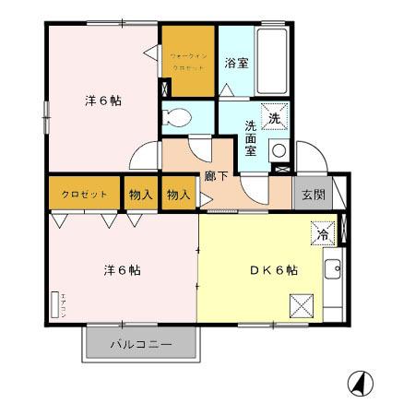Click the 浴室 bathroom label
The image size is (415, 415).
(x=236, y=64)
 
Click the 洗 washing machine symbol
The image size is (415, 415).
(x=275, y=117)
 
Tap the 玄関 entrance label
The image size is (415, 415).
(x=310, y=195)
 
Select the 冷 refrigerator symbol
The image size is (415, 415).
(x=322, y=233)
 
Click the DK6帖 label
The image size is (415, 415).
(x=273, y=270)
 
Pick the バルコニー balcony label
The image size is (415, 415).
(x=141, y=345)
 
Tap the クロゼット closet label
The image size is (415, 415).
(x=84, y=195)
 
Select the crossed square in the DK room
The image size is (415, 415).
(x=302, y=303)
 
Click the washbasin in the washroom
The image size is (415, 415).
(x=277, y=151)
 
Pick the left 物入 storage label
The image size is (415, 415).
(x=141, y=195)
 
